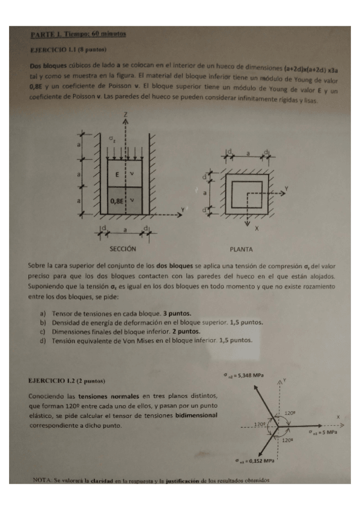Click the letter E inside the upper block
click(118, 173)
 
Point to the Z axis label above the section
click(125, 114)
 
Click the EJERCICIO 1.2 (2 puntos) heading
click(67, 381)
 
